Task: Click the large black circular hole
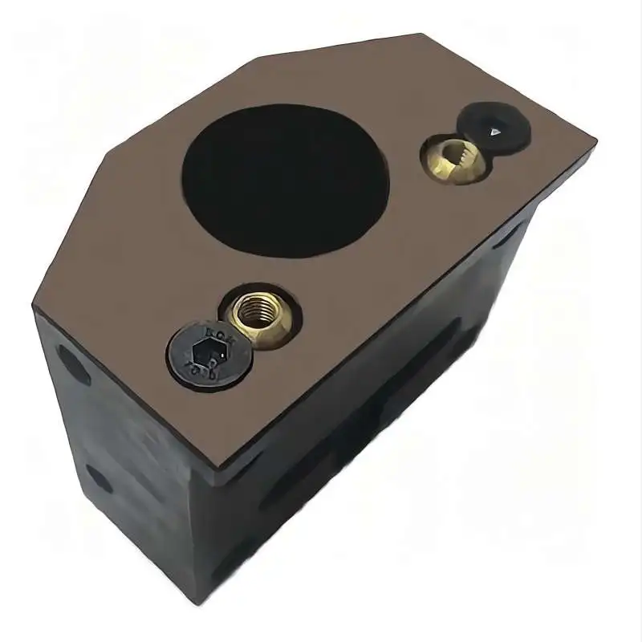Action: pos(286,180)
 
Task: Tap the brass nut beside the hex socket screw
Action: pos(257,314)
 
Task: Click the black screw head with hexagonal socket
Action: pos(205,354)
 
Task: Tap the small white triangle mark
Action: pos(494,131)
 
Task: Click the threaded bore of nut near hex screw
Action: pos(256,311)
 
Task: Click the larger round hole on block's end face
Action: pos(72,364)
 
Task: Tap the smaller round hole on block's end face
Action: pos(99,479)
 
